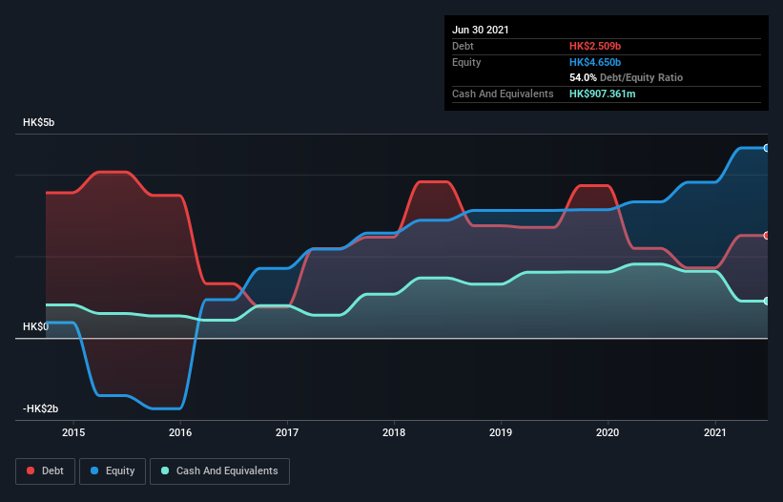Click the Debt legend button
[x=46, y=471]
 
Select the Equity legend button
[x=113, y=471]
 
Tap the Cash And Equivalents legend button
[x=219, y=471]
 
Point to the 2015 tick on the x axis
[x=73, y=433]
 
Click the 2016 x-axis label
[x=180, y=433]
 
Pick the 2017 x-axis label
[x=287, y=433]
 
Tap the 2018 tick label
[x=394, y=433]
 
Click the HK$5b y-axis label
[x=41, y=123]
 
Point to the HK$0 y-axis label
[x=36, y=326]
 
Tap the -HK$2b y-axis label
[x=41, y=408]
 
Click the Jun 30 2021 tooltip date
[x=481, y=30]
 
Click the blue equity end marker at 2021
[x=766, y=148]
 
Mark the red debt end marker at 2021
[x=766, y=236]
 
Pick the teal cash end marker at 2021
[x=766, y=301]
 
